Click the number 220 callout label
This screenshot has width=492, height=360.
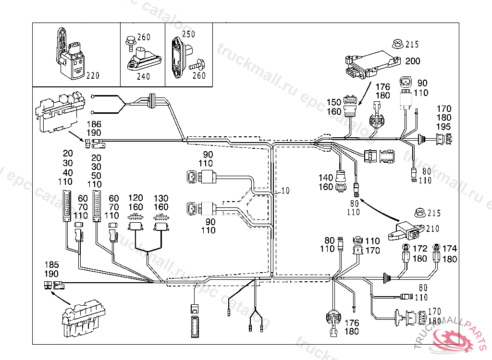point(93,75)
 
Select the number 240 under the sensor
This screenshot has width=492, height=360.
point(143,76)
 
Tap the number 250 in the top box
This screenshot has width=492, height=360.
point(189,34)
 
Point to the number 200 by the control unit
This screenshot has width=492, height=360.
point(412,61)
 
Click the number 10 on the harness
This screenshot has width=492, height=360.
point(285,191)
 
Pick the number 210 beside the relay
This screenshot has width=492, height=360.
point(432,228)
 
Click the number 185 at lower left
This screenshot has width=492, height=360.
point(52,264)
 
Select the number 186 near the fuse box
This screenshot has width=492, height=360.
point(94,124)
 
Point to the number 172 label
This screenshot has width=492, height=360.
point(420,249)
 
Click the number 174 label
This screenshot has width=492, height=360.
point(450,249)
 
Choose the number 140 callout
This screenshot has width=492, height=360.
point(326,178)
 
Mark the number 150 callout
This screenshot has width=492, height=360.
point(333,102)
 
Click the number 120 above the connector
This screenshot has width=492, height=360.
point(135,198)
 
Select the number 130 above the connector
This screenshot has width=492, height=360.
point(161,198)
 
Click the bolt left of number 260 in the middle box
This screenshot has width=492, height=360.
point(130,42)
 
